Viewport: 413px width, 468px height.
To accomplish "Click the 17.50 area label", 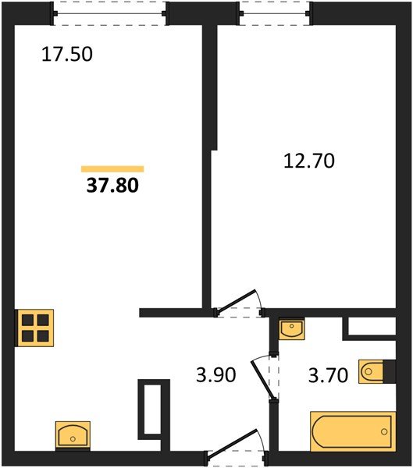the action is point(67,55).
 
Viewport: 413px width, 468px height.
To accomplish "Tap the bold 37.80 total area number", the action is point(112,185).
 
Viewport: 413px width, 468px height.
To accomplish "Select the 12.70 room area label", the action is point(309,161).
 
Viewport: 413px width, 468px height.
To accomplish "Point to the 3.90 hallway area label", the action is point(215,375).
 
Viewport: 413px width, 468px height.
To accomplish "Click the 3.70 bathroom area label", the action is point(328,375).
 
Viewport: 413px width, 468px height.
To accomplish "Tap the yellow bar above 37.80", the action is point(112,169).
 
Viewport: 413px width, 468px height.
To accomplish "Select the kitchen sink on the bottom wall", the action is point(73,434).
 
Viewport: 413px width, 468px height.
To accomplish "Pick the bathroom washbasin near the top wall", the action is point(292,328).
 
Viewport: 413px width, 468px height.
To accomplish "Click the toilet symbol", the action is point(371,371).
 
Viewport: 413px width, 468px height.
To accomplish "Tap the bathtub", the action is point(353,431).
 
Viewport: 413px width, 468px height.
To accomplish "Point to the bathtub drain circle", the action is point(384,431).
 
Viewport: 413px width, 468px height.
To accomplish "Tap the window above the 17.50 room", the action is point(109,13).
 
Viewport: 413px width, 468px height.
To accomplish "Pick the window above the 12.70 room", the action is point(275,13).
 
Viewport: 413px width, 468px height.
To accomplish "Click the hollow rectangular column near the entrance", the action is point(154,409).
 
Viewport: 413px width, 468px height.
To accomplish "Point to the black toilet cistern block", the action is point(390,371).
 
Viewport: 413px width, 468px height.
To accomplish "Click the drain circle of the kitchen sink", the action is point(73,438).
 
